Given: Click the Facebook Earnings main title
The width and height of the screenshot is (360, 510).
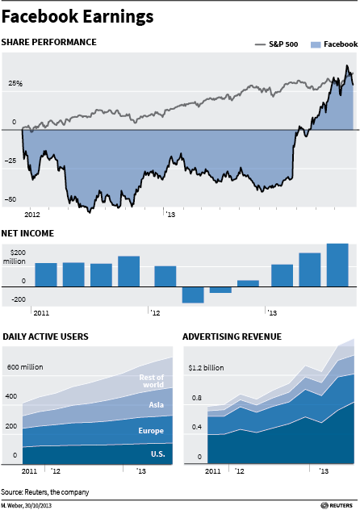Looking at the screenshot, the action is [x=77, y=17].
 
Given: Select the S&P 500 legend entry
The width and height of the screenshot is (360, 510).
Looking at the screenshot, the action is [x=276, y=44].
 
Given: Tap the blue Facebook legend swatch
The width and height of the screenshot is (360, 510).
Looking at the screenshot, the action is [x=316, y=44].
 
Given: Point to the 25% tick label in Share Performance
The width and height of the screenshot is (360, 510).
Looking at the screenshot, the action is [x=15, y=84].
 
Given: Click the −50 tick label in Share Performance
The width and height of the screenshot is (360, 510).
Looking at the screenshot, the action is [x=10, y=199].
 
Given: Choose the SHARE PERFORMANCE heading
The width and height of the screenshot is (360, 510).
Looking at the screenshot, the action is [x=48, y=42].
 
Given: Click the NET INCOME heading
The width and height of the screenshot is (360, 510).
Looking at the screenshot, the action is [x=27, y=233].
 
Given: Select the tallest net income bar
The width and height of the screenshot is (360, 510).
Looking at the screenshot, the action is [x=337, y=265].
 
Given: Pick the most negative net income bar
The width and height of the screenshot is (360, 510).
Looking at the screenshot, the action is [x=193, y=295].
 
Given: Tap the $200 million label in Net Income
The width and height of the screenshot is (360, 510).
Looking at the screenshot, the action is [x=15, y=257].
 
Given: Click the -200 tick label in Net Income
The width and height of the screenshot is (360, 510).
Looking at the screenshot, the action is [x=19, y=299].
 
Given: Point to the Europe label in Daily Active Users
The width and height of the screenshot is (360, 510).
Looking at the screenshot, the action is [x=151, y=431].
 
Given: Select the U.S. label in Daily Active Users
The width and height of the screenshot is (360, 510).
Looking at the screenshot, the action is [x=158, y=454].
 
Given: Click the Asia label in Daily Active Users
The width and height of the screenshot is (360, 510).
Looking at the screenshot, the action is [x=156, y=404].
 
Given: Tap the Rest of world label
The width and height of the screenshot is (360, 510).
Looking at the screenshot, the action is [x=152, y=381].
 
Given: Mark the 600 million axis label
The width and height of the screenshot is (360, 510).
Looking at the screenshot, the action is [x=25, y=367].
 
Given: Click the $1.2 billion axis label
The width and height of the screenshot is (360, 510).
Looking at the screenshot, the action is [x=206, y=368].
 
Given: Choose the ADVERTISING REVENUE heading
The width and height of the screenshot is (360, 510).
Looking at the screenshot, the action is [x=232, y=337].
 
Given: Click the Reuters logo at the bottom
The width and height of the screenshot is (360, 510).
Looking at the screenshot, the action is [x=337, y=505].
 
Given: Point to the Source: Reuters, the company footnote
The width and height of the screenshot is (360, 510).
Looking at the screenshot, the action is [x=45, y=492].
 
